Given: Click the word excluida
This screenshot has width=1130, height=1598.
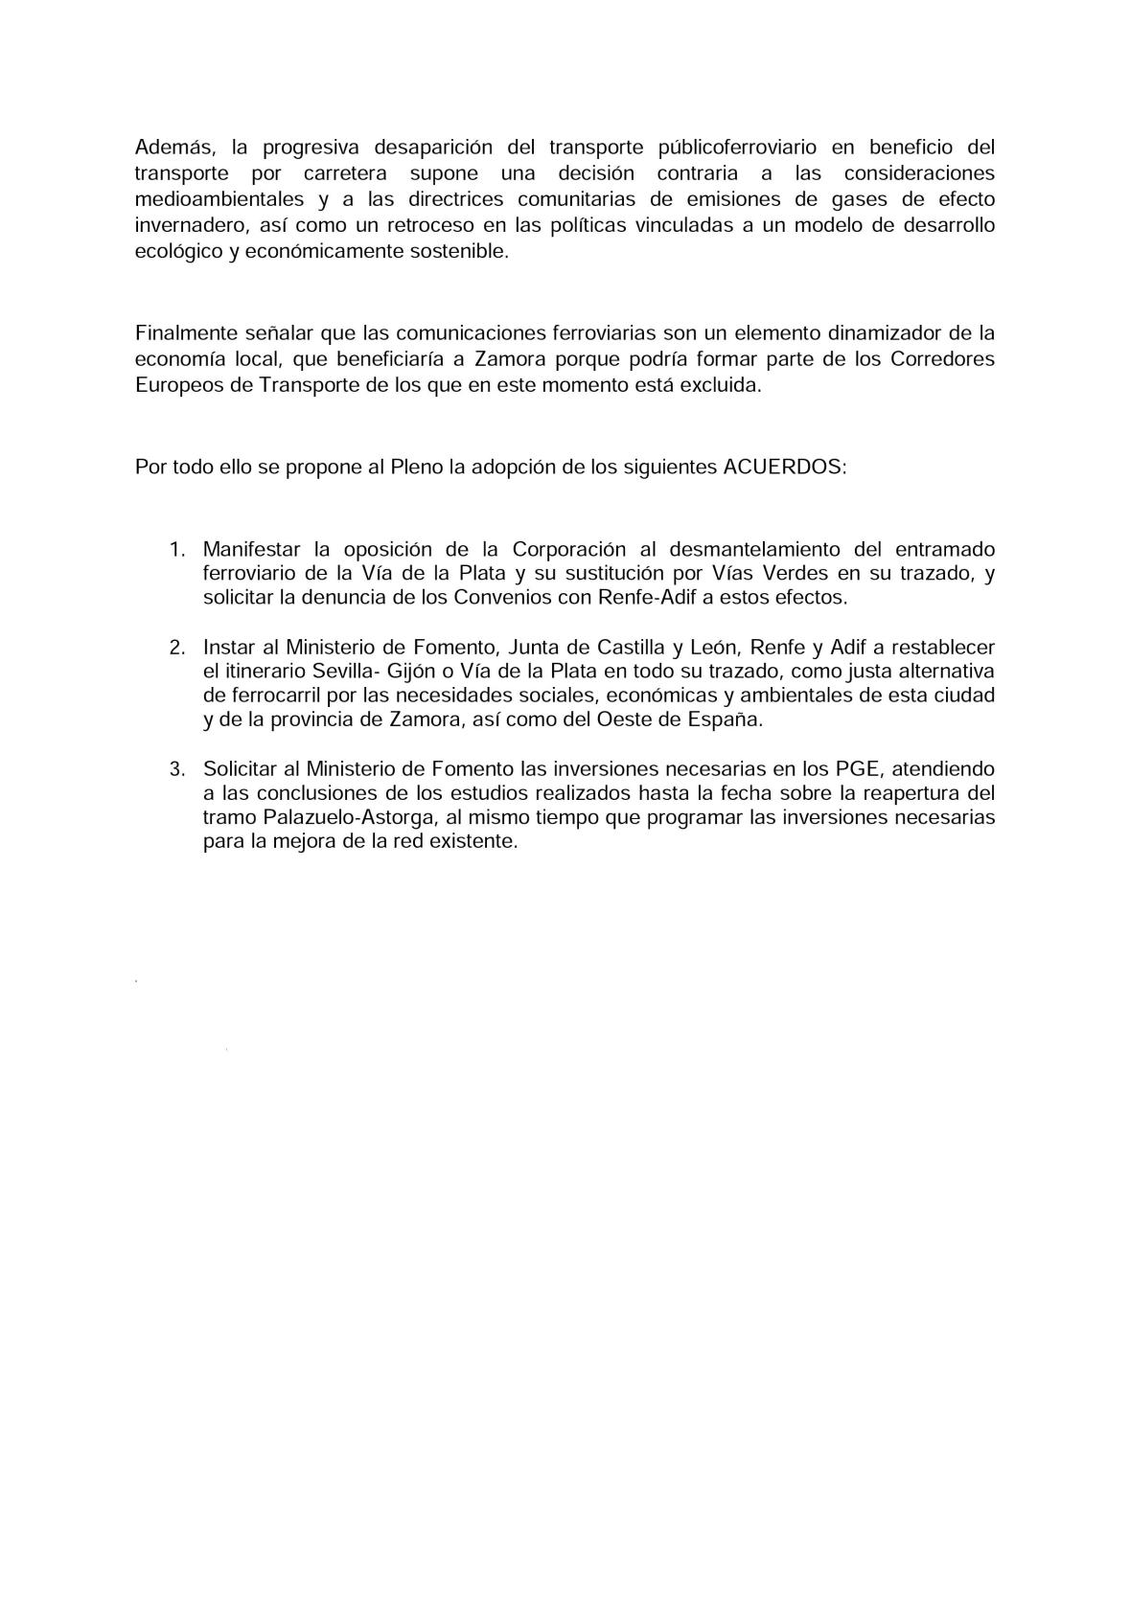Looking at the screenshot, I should [726, 385].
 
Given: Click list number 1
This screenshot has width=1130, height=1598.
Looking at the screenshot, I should [175, 550].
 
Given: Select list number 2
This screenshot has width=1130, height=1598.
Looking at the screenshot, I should [176, 647].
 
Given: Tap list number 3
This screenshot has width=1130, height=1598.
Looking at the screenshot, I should [176, 769].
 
